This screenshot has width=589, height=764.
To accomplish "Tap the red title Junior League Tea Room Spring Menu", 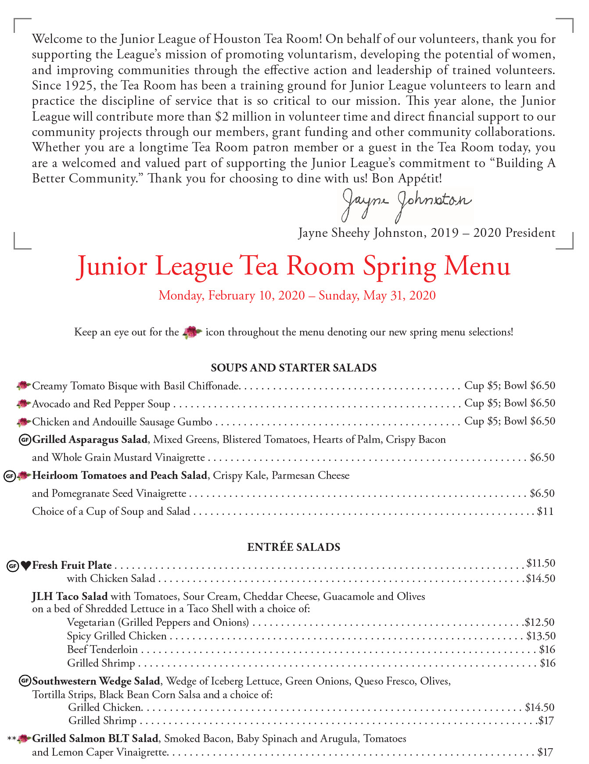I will pos(294,267).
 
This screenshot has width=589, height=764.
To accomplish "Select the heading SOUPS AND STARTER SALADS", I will pos(294,368).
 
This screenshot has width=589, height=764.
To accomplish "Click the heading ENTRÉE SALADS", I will pos(294,547).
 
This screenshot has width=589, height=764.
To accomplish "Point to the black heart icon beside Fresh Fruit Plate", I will pos(26,566).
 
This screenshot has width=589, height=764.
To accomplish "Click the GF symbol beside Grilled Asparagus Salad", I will pos(25,439).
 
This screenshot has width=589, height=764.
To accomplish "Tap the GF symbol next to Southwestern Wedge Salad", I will pos(25,681).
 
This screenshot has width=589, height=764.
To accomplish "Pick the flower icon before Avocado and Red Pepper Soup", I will pos(23,403).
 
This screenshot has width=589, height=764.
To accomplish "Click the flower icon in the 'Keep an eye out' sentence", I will pos(192,332).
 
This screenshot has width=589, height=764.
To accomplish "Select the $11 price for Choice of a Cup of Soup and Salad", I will pos(545,511).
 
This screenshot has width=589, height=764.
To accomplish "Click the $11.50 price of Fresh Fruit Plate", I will pos(541,563).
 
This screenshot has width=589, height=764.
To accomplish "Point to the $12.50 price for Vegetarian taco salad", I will pos(540,622).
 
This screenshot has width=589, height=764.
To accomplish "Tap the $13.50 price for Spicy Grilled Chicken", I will pos(541,636).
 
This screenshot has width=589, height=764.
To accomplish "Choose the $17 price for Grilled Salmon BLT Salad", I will pos(545,752).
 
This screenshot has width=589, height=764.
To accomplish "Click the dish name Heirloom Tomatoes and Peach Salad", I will pos(120,475).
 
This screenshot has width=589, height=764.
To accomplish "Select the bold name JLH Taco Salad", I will pos(70,596).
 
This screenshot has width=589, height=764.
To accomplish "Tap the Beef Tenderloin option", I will pos(102,650).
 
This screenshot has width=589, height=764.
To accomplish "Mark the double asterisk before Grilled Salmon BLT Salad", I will pos(12,739).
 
